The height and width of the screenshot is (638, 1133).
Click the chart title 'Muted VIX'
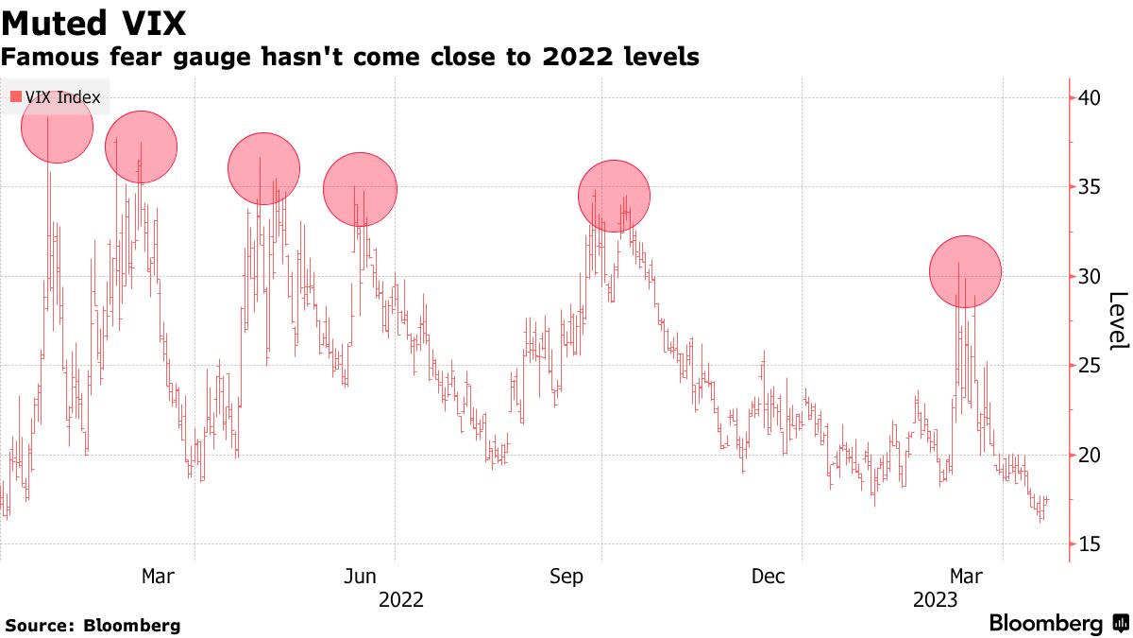(93, 21)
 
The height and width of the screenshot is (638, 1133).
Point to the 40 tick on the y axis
(1090, 97)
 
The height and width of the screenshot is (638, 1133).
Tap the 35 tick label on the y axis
(1090, 187)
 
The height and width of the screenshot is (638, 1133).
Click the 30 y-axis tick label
(1090, 276)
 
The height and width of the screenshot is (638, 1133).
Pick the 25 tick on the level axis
(1090, 366)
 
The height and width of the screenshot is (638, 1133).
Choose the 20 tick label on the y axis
(1090, 455)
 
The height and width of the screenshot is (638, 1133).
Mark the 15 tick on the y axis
(1090, 544)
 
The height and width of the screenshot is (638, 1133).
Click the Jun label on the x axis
(361, 577)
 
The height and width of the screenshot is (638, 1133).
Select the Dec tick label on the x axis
(769, 577)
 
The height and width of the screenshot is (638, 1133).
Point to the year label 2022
(400, 600)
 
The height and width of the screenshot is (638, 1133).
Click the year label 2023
(936, 600)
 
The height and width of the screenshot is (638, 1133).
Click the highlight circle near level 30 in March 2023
(965, 271)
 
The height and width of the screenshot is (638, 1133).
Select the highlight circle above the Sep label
(615, 196)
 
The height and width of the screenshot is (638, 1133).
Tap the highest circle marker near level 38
(57, 127)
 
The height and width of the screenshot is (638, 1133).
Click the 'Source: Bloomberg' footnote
(93, 626)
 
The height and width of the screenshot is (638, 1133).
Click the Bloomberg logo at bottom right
(1057, 624)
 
